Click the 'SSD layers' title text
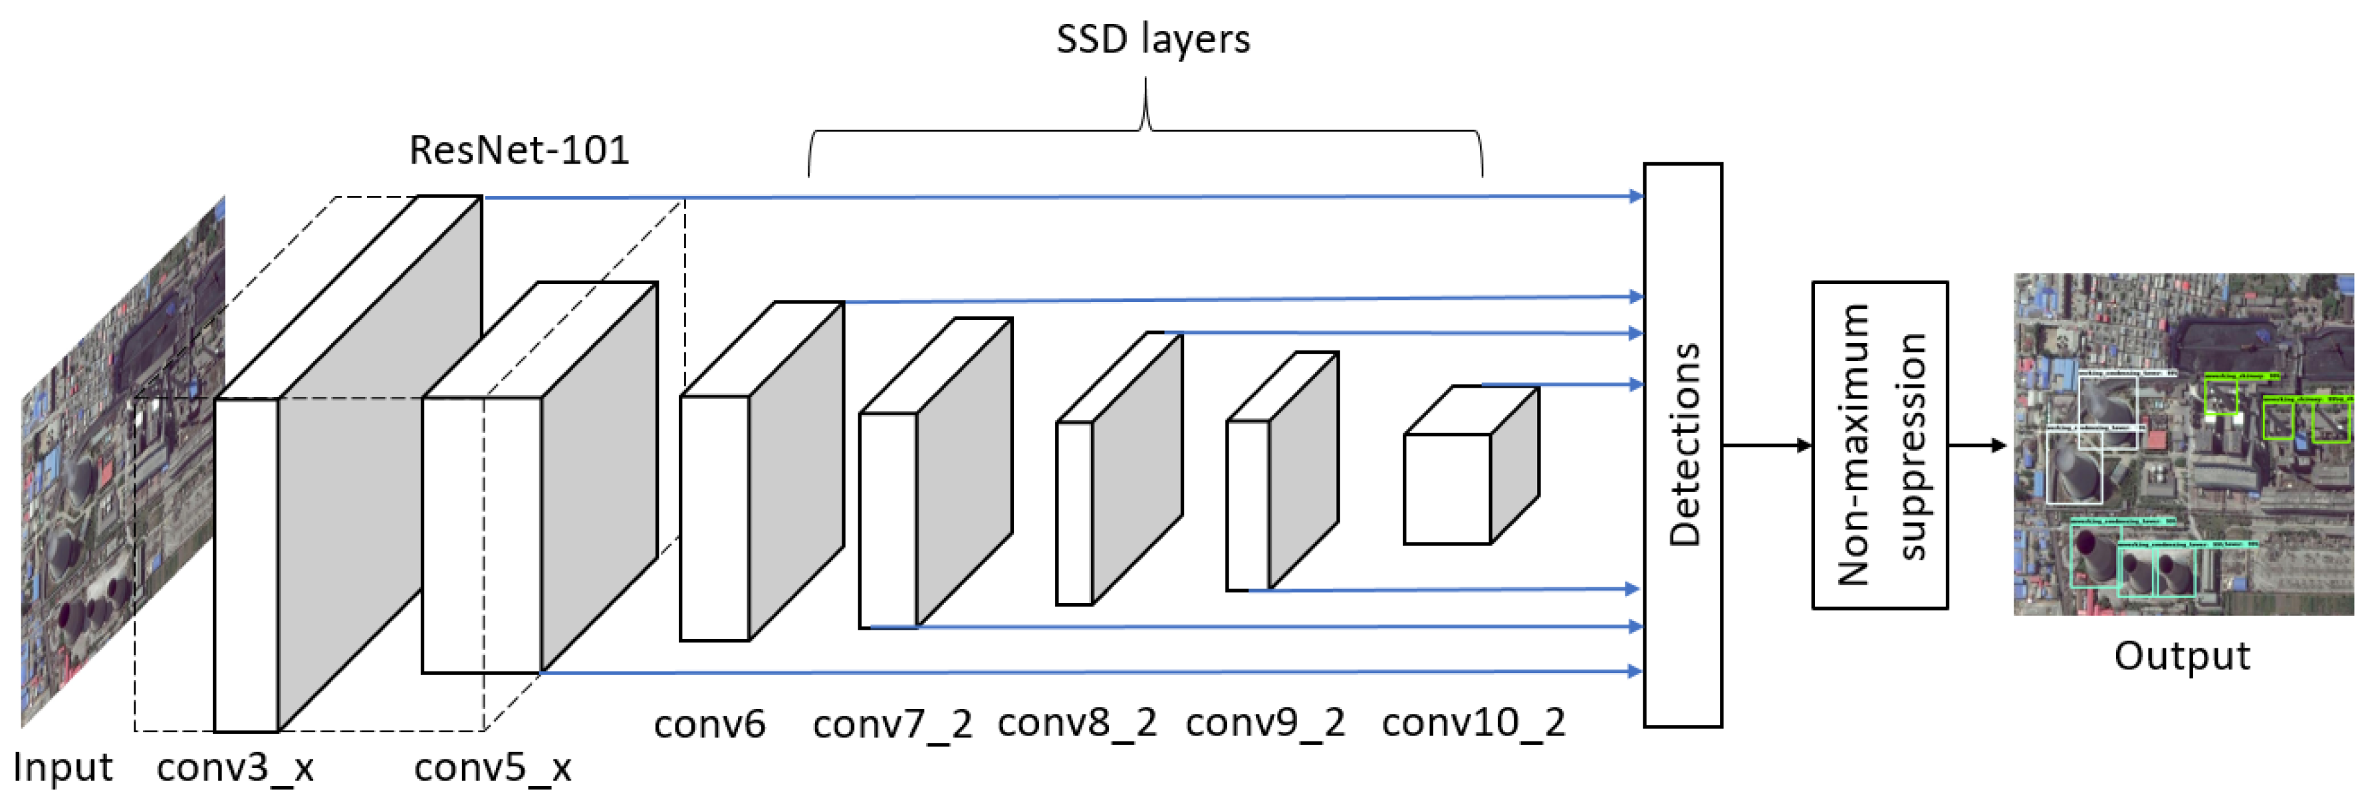pyautogui.click(x=1152, y=39)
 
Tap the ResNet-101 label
pyautogui.click(x=519, y=150)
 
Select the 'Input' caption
pyautogui.click(x=62, y=766)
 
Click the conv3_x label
pyautogui.click(x=235, y=766)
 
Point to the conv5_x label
pyautogui.click(x=493, y=766)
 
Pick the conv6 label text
pyautogui.click(x=709, y=724)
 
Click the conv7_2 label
pyautogui.click(x=892, y=724)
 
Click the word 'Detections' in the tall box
pyautogui.click(x=1684, y=445)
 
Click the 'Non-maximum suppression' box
pyautogui.click(x=1880, y=445)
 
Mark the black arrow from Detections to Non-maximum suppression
pyautogui.click(x=1766, y=446)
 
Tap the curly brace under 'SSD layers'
pyautogui.click(x=1145, y=129)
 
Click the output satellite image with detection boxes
pyautogui.click(x=2183, y=443)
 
